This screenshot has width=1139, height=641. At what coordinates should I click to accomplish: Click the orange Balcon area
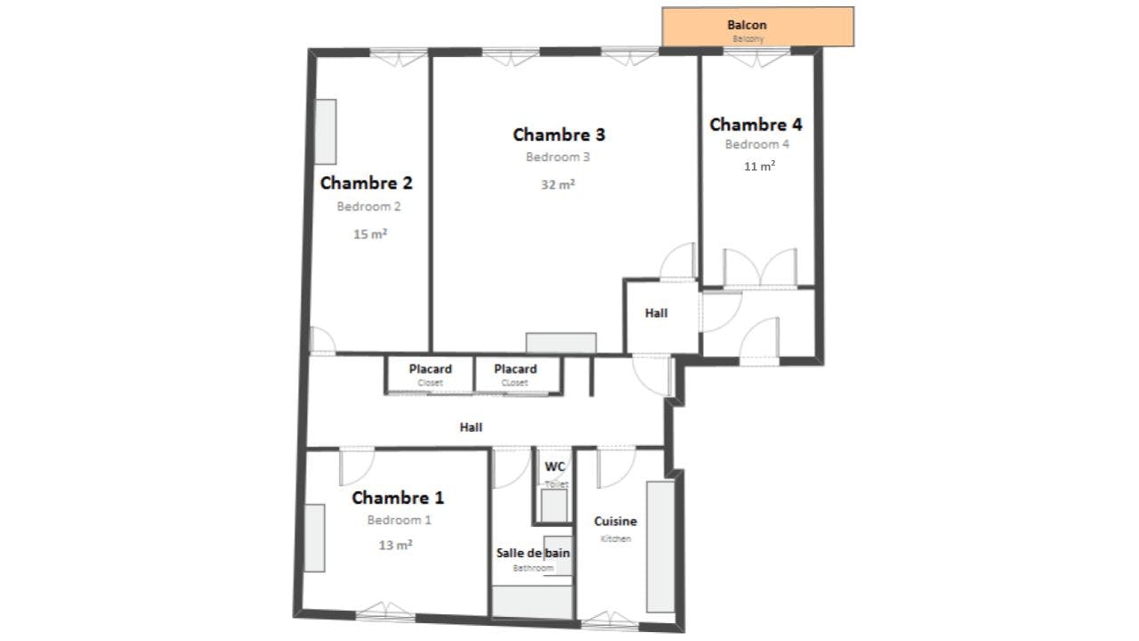(757, 27)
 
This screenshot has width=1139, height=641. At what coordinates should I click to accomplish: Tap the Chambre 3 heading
(559, 135)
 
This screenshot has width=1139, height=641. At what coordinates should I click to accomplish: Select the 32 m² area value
(558, 185)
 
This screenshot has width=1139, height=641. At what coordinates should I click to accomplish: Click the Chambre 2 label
(366, 183)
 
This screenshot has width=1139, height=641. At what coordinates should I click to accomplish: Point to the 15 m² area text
(369, 235)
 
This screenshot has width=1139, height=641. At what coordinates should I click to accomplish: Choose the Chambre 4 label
(755, 125)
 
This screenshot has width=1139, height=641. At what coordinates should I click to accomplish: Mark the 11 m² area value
(759, 166)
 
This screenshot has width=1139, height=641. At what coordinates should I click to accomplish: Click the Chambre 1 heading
(398, 498)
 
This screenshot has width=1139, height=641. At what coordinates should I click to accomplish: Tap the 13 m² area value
(395, 545)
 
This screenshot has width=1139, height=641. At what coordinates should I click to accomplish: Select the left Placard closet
(430, 374)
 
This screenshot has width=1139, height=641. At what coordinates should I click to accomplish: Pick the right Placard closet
(515, 374)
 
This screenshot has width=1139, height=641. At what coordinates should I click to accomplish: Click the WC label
(555, 467)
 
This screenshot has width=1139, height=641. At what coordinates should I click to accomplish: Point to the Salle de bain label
(533, 553)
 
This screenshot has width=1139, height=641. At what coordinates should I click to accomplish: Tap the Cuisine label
(615, 522)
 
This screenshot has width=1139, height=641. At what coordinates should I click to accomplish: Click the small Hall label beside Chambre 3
(656, 313)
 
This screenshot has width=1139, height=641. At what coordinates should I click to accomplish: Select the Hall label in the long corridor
(471, 427)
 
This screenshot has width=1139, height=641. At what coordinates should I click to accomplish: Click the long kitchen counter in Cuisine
(660, 547)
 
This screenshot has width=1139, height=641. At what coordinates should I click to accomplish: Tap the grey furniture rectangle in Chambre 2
(326, 132)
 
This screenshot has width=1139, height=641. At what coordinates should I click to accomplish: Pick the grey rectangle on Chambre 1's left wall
(314, 538)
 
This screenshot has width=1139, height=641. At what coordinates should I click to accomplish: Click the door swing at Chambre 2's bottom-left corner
(321, 340)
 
